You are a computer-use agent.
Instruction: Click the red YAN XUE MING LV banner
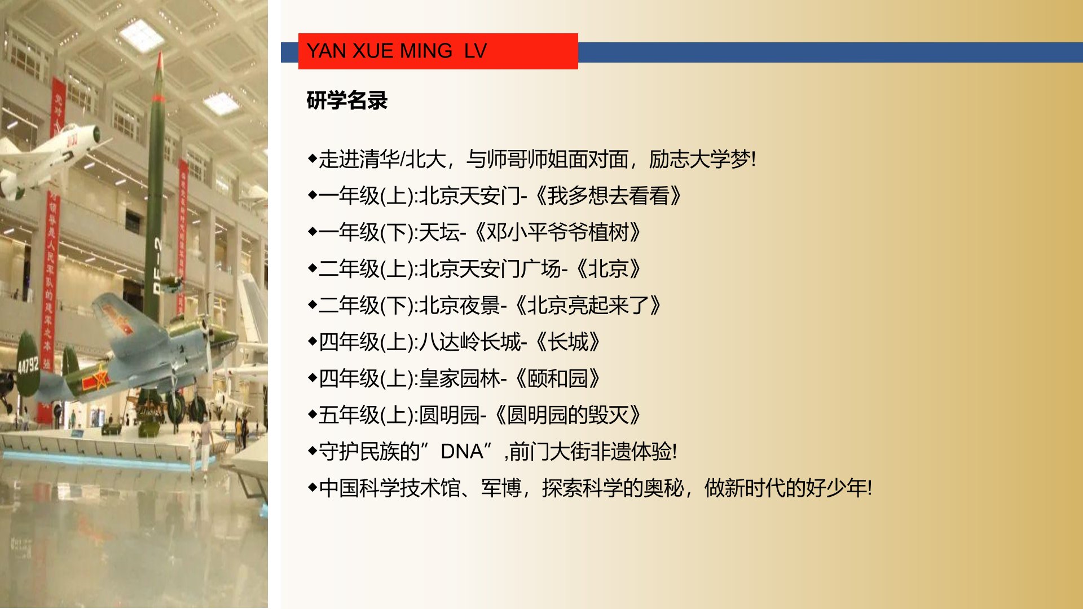438,51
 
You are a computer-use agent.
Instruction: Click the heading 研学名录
347,101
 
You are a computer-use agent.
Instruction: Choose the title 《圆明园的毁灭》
567,415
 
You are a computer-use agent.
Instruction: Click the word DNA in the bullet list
461,452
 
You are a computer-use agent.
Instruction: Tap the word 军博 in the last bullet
501,488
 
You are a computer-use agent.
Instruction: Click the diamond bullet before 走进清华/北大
312,158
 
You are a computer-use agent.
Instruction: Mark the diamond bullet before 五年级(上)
312,414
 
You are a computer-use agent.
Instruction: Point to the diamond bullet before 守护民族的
312,451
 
